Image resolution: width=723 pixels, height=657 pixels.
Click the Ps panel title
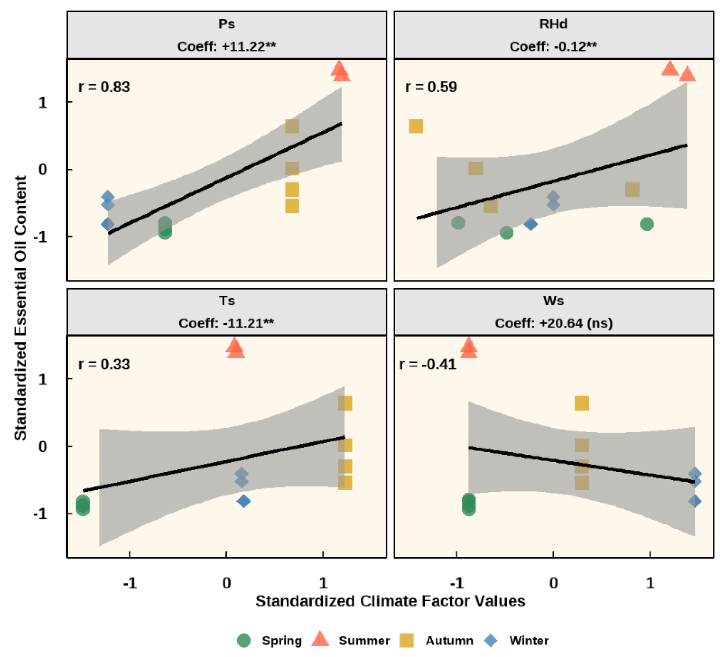(x=227, y=24)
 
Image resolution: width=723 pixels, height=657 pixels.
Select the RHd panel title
(x=553, y=24)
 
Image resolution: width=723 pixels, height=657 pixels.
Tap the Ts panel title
(x=227, y=301)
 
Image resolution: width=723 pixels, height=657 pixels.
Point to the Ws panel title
(x=553, y=301)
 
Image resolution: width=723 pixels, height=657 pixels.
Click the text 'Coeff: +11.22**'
(x=227, y=46)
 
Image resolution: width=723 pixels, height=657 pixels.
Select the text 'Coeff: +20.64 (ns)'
(x=554, y=323)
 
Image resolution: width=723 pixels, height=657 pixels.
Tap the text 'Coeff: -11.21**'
(x=226, y=323)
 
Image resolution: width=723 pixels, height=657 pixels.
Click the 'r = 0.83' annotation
(x=104, y=87)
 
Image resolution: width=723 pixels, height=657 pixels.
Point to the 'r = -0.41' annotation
(x=427, y=364)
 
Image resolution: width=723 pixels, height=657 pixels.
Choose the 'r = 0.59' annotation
(x=431, y=87)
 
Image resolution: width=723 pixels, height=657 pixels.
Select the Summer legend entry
(x=350, y=640)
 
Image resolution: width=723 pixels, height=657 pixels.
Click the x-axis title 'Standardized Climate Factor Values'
(x=390, y=601)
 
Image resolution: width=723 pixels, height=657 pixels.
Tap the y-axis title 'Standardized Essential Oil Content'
(x=21, y=308)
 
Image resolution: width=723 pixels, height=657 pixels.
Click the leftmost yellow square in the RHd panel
(x=416, y=126)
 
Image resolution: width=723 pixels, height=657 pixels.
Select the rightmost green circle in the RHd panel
(x=647, y=224)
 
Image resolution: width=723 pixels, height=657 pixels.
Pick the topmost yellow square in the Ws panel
(x=582, y=403)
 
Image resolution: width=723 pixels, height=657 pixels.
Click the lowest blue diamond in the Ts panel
(x=244, y=501)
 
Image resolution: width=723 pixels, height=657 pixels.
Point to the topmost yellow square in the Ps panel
(x=292, y=126)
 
